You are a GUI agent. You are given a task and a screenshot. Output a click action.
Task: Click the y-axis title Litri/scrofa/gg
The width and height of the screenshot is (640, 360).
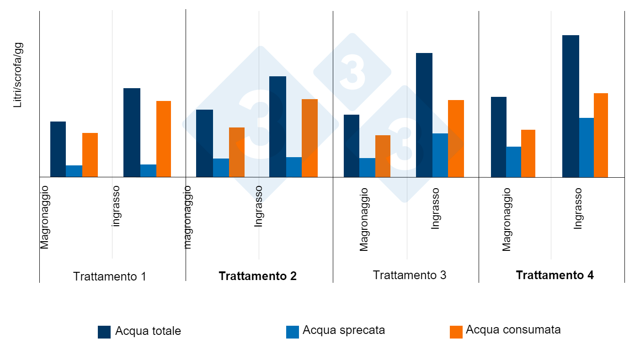point(18,75)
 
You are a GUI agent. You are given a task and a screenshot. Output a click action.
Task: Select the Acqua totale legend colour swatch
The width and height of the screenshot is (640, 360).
point(104,332)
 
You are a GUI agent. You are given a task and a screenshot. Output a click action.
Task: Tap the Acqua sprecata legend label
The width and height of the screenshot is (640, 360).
point(343,330)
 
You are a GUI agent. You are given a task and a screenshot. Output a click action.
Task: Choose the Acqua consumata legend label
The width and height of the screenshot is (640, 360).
point(513,330)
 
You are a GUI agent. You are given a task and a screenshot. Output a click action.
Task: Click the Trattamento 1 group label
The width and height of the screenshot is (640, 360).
point(110,276)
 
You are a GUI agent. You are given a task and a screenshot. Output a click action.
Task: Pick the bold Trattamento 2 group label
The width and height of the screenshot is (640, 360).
point(257,276)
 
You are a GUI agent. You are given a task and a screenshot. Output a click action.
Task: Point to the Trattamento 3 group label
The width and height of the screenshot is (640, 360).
point(409,275)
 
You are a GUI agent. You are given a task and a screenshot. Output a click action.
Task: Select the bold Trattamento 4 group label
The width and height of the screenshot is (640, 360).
point(555,275)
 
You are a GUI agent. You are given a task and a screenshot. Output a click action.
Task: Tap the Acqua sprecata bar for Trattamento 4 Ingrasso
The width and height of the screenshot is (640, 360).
point(587,148)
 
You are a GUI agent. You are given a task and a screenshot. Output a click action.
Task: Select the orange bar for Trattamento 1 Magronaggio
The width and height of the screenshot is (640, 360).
point(90,155)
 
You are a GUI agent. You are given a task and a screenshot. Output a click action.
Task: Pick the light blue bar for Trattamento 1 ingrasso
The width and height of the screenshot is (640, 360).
point(148,171)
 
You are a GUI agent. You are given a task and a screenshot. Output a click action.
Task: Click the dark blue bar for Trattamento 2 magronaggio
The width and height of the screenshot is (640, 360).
point(204,143)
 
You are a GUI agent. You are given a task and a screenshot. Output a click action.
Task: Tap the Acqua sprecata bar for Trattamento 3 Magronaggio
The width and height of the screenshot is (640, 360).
point(367,168)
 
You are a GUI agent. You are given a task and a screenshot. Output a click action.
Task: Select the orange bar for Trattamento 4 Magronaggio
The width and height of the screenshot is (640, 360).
point(528,154)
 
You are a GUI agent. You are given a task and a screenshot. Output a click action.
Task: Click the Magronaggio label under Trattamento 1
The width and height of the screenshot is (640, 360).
point(44,217)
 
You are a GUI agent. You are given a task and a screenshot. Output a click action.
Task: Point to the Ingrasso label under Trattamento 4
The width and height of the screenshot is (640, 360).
point(578,208)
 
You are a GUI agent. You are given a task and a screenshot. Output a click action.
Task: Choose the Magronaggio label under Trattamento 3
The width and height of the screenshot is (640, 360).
point(364,220)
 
